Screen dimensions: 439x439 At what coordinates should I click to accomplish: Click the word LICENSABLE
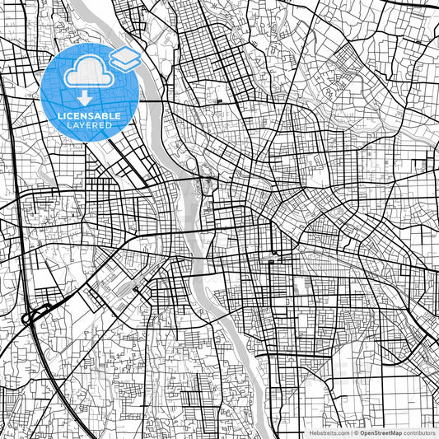click(89, 116)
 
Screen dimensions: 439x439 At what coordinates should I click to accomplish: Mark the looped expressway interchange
click(33, 315)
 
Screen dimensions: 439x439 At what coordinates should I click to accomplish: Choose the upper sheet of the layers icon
click(124, 54)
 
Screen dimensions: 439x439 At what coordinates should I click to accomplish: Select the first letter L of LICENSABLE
click(59, 116)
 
